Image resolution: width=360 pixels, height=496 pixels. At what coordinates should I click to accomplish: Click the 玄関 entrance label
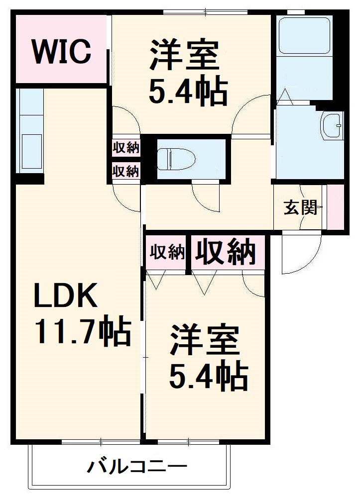pos(301,207)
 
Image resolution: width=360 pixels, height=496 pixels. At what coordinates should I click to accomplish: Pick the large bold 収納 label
pos(225,252)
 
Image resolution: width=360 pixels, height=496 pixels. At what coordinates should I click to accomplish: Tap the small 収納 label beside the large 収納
pos(167,253)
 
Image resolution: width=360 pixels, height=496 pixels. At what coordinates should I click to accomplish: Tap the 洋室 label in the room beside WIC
pos(185,56)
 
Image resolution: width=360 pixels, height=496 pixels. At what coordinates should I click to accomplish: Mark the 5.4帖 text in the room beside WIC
pos(188,90)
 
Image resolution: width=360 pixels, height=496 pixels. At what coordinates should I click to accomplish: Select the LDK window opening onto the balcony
pos(100,441)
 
